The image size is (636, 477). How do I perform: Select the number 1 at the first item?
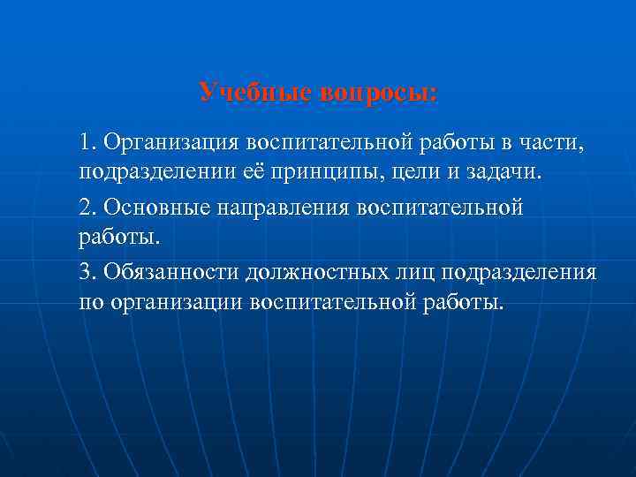[x=85, y=141]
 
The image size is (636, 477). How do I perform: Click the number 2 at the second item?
[x=86, y=207]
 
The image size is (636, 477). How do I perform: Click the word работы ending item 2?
[x=118, y=237]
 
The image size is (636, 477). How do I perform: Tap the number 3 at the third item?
[x=86, y=272]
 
